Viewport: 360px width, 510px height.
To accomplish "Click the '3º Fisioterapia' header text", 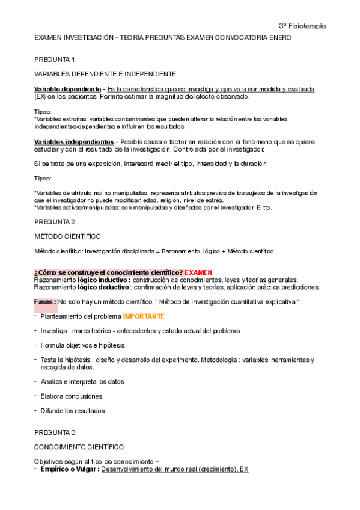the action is click(x=303, y=26).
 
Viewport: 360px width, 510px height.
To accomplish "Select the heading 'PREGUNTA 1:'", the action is click(x=55, y=59).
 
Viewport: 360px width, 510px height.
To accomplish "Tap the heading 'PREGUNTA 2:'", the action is click(x=55, y=222).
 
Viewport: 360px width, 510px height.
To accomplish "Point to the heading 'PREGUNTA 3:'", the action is click(x=55, y=432).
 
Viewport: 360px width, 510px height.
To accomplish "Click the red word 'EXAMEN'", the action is click(x=198, y=272).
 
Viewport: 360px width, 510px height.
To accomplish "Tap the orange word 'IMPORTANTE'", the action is click(x=144, y=316).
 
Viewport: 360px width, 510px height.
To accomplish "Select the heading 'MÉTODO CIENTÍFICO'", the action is click(x=67, y=236).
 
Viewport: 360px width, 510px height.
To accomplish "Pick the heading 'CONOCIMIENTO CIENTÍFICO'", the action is click(x=79, y=447).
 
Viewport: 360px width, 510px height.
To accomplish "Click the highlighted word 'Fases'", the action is click(x=45, y=301).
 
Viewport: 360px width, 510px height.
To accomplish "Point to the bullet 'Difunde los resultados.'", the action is click(x=73, y=411).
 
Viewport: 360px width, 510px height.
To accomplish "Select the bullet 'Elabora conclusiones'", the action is click(x=71, y=396).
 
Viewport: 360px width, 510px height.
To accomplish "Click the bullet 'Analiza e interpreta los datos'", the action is click(x=82, y=381).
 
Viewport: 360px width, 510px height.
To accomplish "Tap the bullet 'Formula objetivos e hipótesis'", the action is click(x=82, y=345).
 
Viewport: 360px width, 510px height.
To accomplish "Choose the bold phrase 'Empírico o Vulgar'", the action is click(x=69, y=469).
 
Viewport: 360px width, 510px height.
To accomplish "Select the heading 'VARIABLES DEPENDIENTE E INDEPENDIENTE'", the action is click(x=105, y=74).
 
